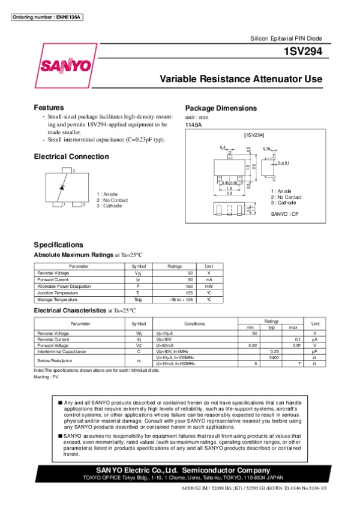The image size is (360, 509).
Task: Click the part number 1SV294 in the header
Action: (x=304, y=52)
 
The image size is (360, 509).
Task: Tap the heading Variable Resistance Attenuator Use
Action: (x=241, y=79)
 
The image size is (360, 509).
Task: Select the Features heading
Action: (x=49, y=107)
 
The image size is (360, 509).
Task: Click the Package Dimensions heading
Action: (x=221, y=108)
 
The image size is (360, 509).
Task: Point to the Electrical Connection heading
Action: (x=71, y=156)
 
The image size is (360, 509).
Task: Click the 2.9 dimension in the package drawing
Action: (x=229, y=193)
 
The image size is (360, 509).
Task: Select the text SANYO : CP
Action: (x=284, y=214)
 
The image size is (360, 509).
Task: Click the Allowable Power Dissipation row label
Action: (x=63, y=286)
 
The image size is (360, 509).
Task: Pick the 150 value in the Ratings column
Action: (x=190, y=286)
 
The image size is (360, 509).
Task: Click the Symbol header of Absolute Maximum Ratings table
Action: (x=139, y=266)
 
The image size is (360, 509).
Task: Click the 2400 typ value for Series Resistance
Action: (x=274, y=357)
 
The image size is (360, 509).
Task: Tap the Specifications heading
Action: (x=59, y=245)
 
